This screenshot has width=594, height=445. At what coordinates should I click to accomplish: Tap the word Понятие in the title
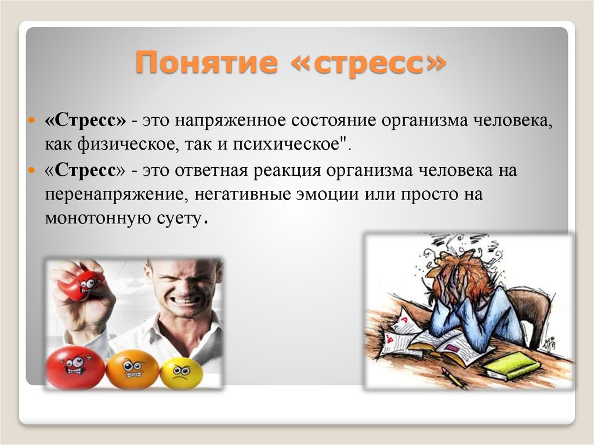point(206,63)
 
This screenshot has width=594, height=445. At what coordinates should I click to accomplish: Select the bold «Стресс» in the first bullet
point(86,121)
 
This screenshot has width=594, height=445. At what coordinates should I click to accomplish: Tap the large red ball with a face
point(75,367)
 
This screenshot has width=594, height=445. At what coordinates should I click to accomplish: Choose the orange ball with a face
point(132,369)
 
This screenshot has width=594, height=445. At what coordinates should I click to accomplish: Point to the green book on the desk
point(513,366)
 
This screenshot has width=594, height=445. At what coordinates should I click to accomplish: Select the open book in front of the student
point(447,345)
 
